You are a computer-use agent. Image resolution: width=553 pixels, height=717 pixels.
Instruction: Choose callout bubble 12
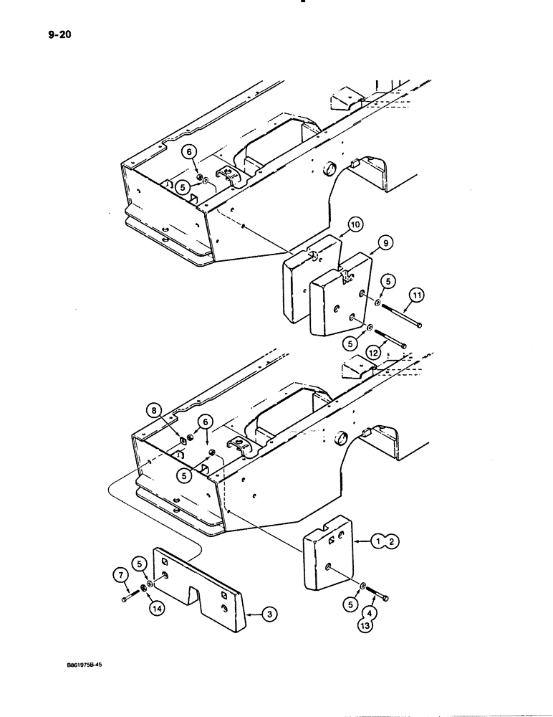[x=374, y=351]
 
